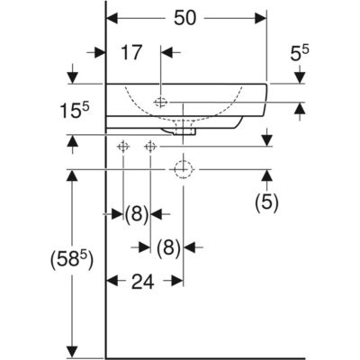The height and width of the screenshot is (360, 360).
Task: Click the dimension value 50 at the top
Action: click(x=184, y=18)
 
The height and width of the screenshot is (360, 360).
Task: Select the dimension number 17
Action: click(x=131, y=52)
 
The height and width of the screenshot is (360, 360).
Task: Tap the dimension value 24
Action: click(x=142, y=282)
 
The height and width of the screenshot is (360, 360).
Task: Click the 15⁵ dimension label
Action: click(x=75, y=110)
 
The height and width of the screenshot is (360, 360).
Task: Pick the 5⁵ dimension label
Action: click(x=300, y=53)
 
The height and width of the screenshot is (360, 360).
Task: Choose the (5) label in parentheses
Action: click(x=266, y=202)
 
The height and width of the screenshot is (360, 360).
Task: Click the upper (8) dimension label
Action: click(x=137, y=214)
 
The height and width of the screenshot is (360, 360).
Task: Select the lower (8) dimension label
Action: click(x=168, y=248)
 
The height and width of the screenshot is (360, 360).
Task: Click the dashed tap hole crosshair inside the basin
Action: click(x=161, y=103)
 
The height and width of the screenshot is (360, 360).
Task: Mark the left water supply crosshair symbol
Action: click(x=123, y=147)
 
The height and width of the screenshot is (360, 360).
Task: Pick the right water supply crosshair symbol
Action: click(x=150, y=147)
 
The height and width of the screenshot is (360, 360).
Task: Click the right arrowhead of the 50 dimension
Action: click(x=260, y=18)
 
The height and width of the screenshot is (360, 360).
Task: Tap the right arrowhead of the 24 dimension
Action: click(x=177, y=281)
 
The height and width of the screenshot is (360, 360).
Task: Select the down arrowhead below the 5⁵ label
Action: click(x=300, y=78)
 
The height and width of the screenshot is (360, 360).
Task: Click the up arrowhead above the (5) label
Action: click(x=266, y=175)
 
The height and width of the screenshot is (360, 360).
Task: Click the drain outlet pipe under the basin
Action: click(x=184, y=127)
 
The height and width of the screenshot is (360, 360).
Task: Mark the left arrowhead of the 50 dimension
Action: click(x=112, y=18)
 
